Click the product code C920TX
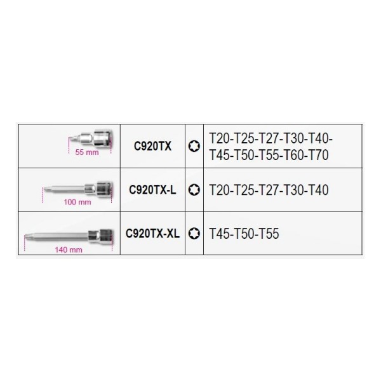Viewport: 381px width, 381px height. (152, 146)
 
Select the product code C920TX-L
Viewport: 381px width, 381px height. (152, 190)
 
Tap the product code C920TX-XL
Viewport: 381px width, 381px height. (152, 234)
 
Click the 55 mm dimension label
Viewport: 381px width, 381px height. (87, 152)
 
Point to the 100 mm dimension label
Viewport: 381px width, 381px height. (77, 202)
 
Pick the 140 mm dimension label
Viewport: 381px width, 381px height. (69, 250)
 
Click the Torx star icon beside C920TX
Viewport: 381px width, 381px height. (194, 146)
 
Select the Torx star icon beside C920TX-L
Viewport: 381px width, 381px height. (194, 190)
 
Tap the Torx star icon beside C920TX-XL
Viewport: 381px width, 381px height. (194, 234)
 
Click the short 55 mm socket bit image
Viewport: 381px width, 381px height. (91, 139)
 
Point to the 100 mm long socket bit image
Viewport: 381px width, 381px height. (77, 189)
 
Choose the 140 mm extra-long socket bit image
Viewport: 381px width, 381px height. (69, 236)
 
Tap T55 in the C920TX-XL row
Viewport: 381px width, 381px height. (269, 234)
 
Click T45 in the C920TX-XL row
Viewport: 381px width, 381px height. (220, 234)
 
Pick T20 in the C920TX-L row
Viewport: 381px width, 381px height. (220, 190)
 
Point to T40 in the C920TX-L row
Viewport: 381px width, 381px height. (318, 190)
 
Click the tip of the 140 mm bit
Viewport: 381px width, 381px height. (25, 235)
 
